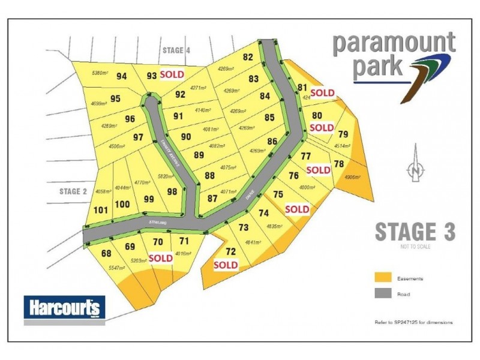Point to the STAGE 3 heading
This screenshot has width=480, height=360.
(x=415, y=232)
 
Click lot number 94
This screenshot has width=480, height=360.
(x=122, y=76)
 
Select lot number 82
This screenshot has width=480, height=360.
(x=248, y=58)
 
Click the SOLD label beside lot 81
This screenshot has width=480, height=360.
(x=322, y=92)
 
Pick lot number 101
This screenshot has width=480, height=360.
(x=101, y=210)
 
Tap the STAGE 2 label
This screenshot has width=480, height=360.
(x=74, y=191)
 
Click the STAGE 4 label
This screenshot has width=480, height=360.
(x=176, y=51)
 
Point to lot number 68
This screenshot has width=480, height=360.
(x=107, y=253)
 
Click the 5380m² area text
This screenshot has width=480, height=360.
(x=100, y=73)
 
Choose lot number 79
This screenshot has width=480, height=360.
(x=343, y=134)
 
